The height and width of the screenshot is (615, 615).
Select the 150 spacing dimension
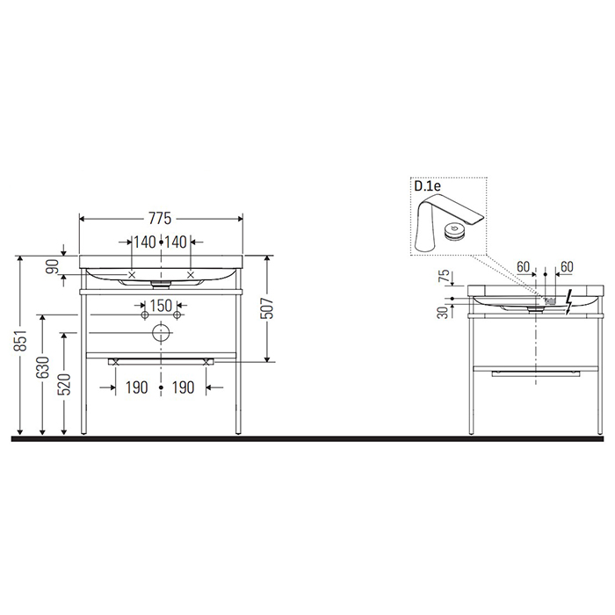(160, 305)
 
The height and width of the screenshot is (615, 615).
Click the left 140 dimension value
(144, 242)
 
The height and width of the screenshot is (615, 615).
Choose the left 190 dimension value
(136, 387)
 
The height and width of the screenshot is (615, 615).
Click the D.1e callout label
(426, 186)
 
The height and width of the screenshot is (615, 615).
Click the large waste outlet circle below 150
(161, 332)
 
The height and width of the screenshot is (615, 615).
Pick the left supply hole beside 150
(143, 314)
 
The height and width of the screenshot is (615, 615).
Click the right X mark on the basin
(192, 274)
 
